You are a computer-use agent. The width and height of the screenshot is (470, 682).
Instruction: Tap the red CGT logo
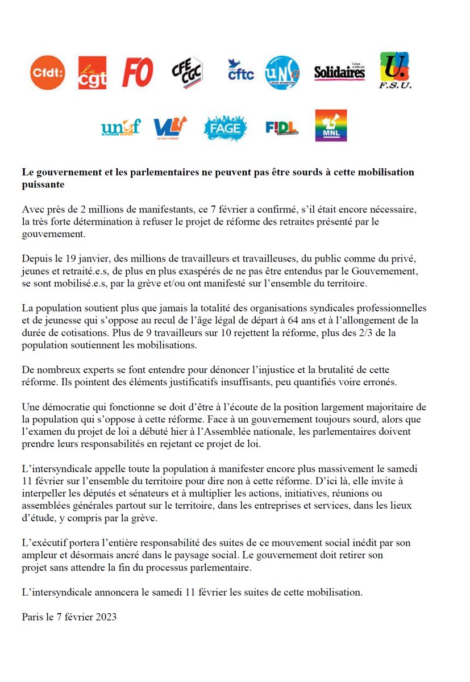(x=91, y=72)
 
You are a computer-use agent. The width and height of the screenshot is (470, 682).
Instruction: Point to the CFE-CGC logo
(x=187, y=72)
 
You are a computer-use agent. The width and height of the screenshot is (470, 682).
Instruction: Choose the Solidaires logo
(x=339, y=72)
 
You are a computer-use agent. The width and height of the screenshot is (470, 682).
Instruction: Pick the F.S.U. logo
(x=395, y=70)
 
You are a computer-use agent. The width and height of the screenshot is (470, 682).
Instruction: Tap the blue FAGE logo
(x=226, y=128)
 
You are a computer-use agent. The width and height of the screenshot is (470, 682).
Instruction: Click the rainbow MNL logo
(x=331, y=126)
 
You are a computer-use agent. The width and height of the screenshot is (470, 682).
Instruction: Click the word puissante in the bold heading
(x=43, y=185)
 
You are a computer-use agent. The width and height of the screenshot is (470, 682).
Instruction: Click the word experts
(x=92, y=370)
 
